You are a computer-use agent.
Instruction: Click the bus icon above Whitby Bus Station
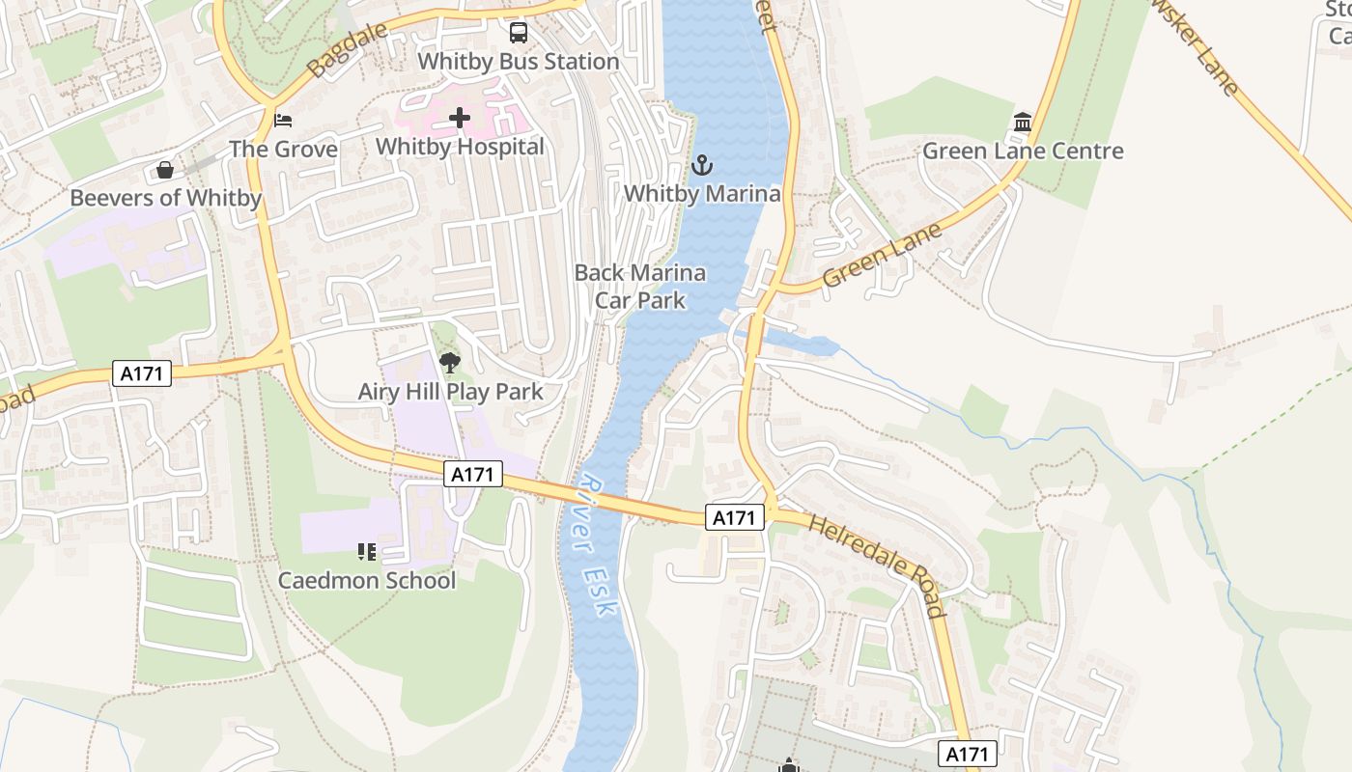[519, 34]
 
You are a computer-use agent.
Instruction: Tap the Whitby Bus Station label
[518, 62]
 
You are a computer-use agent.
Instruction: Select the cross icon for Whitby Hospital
[460, 119]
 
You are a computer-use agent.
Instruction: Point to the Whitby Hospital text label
[460, 147]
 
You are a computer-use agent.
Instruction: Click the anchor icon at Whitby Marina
[702, 165]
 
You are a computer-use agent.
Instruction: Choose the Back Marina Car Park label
[639, 287]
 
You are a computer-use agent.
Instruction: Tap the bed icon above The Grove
[283, 121]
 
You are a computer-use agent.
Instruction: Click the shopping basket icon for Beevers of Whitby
[165, 171]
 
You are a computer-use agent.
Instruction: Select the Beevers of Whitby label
[165, 199]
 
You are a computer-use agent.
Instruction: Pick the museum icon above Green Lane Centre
[1023, 123]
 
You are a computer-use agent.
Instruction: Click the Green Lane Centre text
[1023, 152]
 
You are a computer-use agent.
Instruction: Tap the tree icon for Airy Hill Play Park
[450, 363]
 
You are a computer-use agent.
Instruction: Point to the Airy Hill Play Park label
[450, 392]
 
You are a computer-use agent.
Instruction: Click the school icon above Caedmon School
[366, 552]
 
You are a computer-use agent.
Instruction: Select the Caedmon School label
[366, 581]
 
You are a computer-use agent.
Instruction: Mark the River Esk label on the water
[598, 545]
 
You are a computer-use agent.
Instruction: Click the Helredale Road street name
[876, 565]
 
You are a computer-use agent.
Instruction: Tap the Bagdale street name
[348, 49]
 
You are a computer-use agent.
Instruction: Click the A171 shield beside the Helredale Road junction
[734, 518]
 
